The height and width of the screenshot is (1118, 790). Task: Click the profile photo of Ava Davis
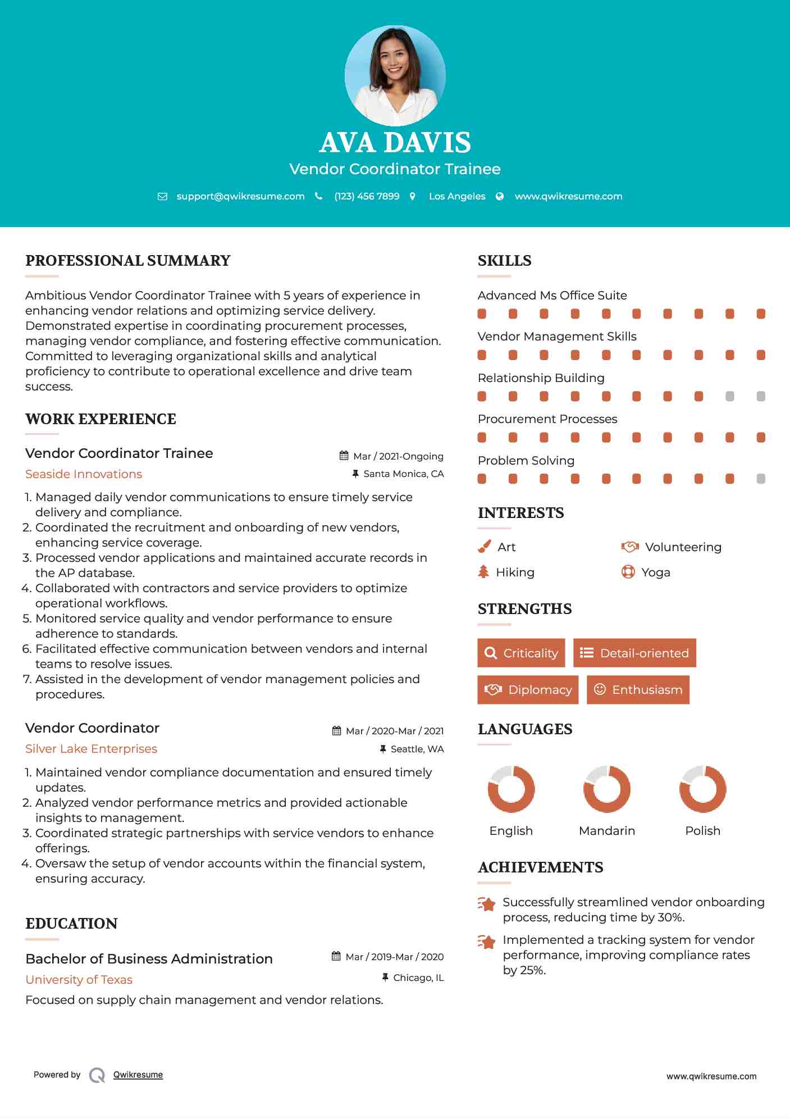point(395,75)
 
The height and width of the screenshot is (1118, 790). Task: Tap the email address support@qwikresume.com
point(240,196)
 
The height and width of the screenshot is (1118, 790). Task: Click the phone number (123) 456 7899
point(367,196)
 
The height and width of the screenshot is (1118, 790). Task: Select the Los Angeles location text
point(457,196)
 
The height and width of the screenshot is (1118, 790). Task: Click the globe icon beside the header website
point(500,196)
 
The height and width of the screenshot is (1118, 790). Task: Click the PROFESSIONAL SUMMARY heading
point(128,261)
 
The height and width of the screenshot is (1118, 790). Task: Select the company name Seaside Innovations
point(84,474)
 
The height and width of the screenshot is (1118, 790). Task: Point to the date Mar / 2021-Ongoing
point(398,456)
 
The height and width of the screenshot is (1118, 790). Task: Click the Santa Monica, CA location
point(403,474)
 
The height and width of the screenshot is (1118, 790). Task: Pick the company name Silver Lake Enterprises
point(91,749)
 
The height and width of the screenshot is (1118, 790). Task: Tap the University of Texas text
point(79,980)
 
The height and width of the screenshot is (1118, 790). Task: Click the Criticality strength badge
point(521,653)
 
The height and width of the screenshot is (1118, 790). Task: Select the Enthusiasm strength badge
point(638,689)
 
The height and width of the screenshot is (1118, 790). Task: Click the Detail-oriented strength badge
point(634,653)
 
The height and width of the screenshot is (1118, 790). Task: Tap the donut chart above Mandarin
point(606,789)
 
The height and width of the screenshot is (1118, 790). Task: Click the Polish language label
point(702,831)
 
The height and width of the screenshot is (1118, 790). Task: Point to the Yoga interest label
point(656,572)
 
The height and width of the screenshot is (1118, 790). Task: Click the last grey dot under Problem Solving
point(761,479)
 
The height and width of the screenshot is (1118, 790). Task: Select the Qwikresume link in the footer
point(138,1075)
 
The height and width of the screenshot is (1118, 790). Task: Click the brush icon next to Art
point(484,547)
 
